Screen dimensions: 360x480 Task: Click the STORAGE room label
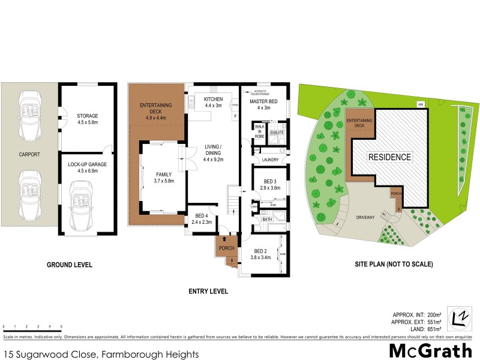point(87,116)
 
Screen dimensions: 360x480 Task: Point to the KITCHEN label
point(213,99)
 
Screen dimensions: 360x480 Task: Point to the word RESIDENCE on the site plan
point(390,157)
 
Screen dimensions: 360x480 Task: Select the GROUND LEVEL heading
point(70,264)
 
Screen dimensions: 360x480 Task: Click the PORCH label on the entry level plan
point(226,248)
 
